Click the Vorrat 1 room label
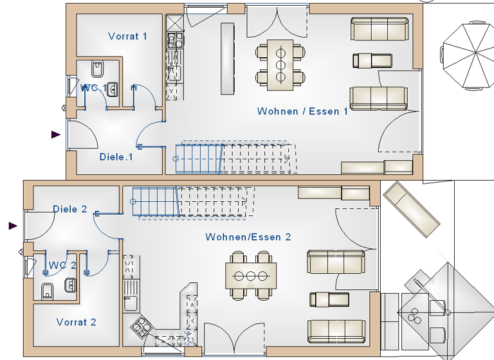click(127, 36)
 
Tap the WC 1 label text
click(93, 87)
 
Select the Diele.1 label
click(116, 156)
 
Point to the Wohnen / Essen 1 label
click(302, 111)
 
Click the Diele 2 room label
click(69, 209)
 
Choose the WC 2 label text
click(62, 265)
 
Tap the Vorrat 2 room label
click(76, 321)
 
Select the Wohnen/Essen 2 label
click(248, 237)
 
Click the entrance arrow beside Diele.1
click(56, 134)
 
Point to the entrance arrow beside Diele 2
click(13, 226)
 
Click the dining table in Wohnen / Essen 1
click(280, 64)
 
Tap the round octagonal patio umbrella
click(468, 54)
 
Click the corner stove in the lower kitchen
click(141, 327)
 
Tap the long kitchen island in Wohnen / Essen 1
click(227, 59)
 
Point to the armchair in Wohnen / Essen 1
click(372, 61)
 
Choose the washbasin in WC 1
click(113, 89)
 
